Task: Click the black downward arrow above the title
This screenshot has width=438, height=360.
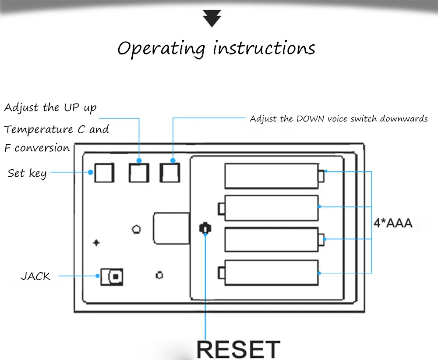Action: [212, 18]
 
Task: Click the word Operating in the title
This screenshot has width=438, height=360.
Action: [161, 49]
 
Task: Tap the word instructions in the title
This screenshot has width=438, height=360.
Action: [264, 48]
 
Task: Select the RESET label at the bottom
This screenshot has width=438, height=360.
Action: [238, 349]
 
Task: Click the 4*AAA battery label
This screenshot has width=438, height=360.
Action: [393, 223]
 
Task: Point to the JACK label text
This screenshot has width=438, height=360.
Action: [35, 276]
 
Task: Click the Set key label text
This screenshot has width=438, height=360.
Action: [27, 174]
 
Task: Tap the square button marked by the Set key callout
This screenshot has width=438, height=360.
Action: [104, 173]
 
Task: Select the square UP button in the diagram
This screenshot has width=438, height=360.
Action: [139, 173]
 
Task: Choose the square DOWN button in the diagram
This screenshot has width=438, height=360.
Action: [170, 173]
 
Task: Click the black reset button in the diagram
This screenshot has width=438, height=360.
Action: [205, 228]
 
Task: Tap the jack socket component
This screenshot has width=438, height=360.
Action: [112, 277]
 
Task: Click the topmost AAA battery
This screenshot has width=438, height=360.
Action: [274, 176]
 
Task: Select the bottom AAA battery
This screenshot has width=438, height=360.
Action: [268, 273]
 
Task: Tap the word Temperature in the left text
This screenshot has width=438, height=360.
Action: [39, 129]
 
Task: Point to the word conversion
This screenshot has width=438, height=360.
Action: [42, 148]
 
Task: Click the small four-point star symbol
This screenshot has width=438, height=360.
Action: [96, 242]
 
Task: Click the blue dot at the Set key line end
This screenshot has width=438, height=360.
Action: [91, 172]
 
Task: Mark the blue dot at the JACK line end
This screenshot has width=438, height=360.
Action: [98, 276]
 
